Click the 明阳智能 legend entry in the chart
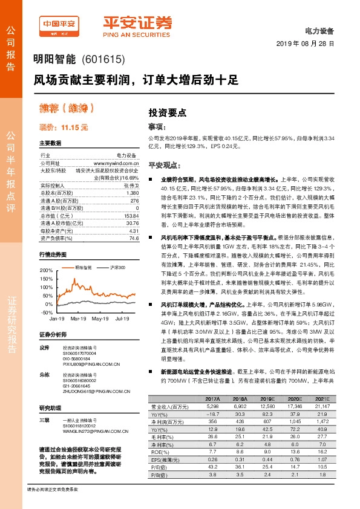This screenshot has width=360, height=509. tap(83, 267)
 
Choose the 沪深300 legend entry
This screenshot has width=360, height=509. tap(117, 267)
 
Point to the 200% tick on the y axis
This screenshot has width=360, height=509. tap(47, 270)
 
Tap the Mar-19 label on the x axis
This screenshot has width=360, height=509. tap(79, 318)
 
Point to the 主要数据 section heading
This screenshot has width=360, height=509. tap(50, 143)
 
